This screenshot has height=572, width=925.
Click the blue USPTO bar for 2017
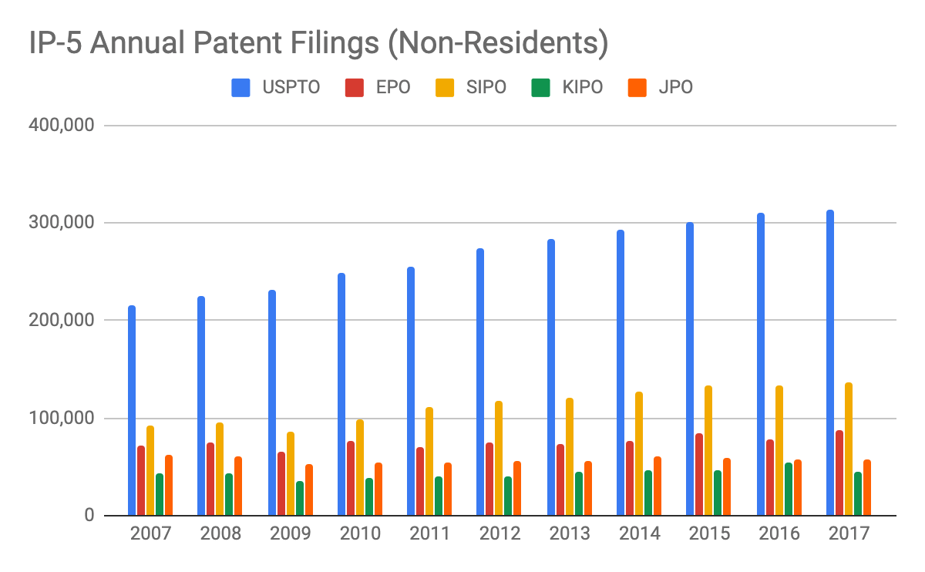(x=830, y=363)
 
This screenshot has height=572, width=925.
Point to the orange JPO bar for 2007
(x=168, y=486)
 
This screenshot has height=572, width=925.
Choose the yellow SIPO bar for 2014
(x=639, y=454)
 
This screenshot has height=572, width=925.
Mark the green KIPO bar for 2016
(x=788, y=490)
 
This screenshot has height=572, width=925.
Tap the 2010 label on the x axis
(x=360, y=534)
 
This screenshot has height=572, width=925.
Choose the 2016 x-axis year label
(x=779, y=534)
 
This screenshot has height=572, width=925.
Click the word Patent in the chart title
(x=254, y=44)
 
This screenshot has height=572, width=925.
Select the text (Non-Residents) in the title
(x=497, y=44)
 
